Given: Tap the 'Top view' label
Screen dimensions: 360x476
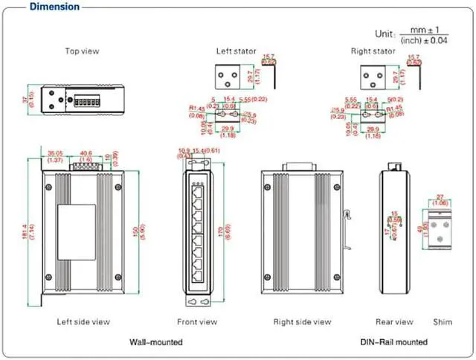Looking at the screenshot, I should (82, 51).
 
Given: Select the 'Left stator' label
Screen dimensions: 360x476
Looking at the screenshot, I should (236, 51).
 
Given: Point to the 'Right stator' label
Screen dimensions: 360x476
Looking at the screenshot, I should (372, 51).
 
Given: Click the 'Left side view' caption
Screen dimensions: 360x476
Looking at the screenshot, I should (83, 322).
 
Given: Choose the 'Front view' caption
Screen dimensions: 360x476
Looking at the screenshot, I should (197, 322).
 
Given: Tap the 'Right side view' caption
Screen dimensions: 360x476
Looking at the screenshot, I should (302, 322).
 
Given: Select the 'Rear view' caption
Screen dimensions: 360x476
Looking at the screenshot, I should (394, 322).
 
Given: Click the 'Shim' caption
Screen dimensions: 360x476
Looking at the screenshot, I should (443, 322).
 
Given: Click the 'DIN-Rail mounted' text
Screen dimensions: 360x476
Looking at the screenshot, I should (394, 342).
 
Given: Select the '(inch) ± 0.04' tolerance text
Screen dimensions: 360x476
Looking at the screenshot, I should (424, 40).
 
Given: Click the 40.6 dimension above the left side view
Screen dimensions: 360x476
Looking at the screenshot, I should (86, 154).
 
